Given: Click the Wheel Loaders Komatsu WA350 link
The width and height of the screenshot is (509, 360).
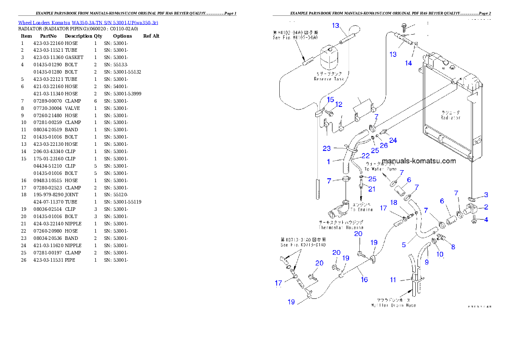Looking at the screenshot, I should (88, 23).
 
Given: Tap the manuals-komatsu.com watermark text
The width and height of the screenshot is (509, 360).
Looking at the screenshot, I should (419, 161).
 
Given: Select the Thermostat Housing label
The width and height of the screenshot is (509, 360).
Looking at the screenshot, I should (341, 225).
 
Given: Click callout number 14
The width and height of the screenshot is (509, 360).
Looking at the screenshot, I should (408, 63).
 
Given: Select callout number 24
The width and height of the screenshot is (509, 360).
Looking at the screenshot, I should (393, 140).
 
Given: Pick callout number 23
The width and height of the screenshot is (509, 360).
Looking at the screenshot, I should (327, 148).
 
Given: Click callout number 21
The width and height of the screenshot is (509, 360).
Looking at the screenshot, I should (372, 189).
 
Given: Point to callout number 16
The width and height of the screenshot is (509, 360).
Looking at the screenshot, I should (364, 280).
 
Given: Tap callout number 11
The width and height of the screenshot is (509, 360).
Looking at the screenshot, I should (393, 280).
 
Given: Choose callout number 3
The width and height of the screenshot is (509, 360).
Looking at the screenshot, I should (486, 195).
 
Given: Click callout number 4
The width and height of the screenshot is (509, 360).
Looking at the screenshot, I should (486, 220).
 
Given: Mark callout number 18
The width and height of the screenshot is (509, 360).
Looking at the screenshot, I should (394, 202).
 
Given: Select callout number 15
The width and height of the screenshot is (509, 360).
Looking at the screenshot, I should (330, 100).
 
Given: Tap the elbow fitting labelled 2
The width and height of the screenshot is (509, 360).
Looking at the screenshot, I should (471, 209).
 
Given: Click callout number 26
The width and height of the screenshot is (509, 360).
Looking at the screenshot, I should (384, 145).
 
